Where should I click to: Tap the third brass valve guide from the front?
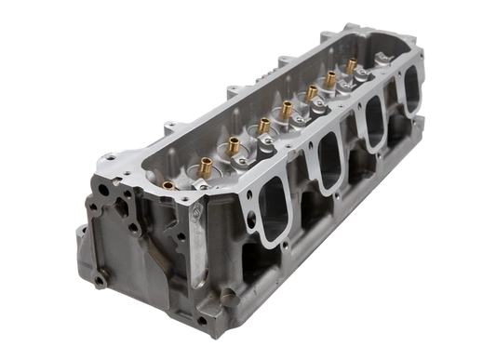coord(277,118)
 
